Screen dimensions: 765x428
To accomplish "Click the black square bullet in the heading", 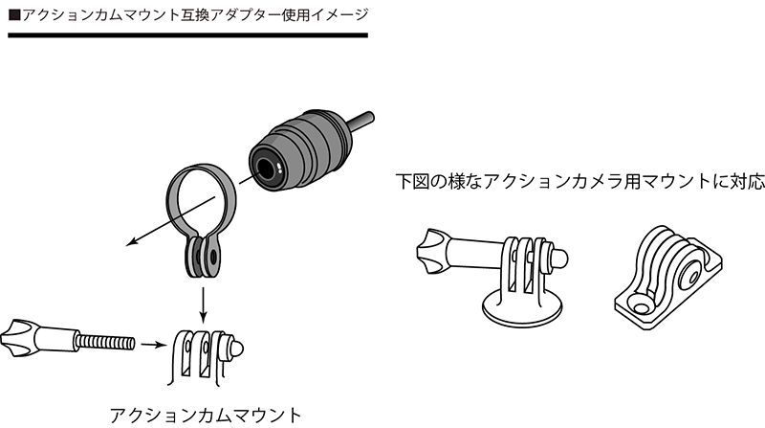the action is [14, 15].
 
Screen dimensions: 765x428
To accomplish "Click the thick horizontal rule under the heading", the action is [187, 35].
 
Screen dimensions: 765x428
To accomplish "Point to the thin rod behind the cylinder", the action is [361, 120].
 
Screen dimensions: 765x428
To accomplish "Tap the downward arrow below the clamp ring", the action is [204, 304].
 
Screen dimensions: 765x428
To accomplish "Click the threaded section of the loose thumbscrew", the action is [106, 342].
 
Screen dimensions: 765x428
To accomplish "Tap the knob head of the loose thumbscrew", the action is [16, 338].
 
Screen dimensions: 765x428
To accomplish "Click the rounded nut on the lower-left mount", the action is [234, 349].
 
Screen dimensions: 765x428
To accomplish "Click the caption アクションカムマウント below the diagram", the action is [206, 416].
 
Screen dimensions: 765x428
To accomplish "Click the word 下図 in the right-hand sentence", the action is [412, 181].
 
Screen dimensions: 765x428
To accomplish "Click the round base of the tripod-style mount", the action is [521, 308].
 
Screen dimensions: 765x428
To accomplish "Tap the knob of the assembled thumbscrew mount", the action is [433, 251].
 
